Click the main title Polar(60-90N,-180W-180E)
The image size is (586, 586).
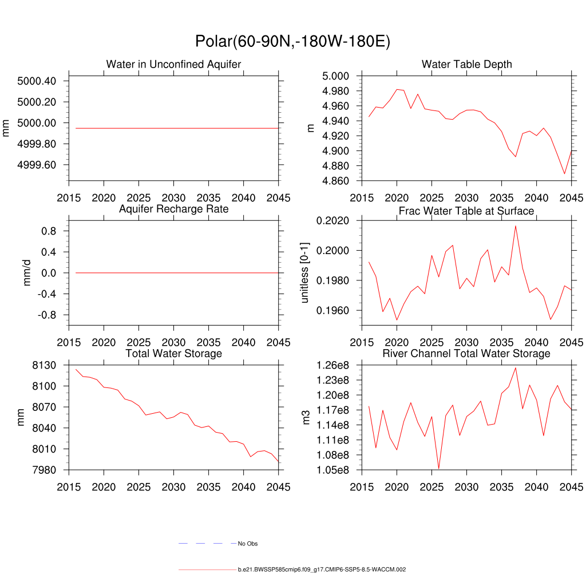(292, 42)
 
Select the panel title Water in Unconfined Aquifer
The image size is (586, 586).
(173, 64)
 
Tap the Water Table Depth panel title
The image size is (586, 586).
(466, 64)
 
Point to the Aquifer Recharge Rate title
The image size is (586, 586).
(173, 209)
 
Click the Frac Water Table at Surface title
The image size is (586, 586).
(466, 211)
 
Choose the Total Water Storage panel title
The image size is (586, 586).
(173, 354)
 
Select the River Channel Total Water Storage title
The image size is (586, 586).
(466, 354)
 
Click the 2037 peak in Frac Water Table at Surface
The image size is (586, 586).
(516, 225)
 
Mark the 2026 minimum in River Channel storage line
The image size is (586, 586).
(439, 469)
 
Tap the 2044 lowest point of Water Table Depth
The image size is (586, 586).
(564, 173)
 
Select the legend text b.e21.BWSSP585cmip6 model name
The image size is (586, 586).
(322, 570)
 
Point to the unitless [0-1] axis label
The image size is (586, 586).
(304, 273)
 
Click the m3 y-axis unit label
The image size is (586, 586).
(306, 417)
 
